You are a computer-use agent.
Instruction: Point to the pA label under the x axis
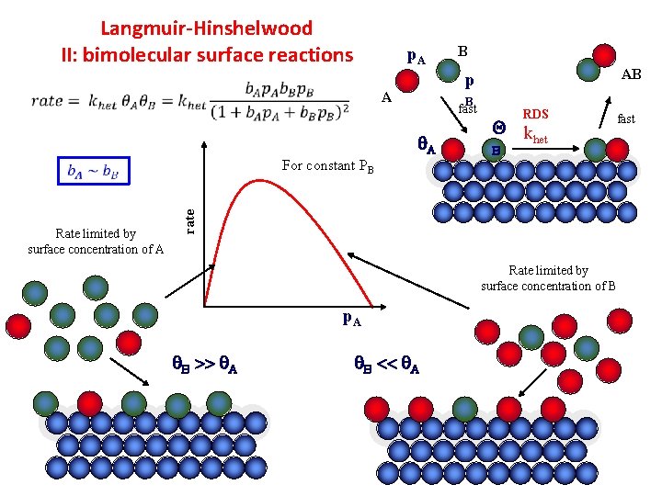351,319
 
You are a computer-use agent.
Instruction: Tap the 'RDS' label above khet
535,115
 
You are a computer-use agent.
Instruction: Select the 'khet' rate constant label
535,136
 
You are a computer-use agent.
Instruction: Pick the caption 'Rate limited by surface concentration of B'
548,278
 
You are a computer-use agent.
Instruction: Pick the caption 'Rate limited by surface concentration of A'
96,242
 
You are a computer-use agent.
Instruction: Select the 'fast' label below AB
625,119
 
